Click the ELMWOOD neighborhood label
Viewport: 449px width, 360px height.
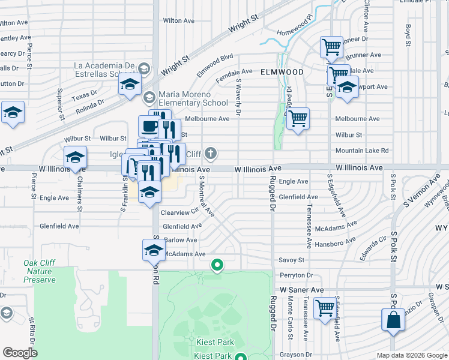coord(282,72)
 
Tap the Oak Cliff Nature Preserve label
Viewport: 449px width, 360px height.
coord(40,271)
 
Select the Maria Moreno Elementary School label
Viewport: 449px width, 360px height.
coord(185,98)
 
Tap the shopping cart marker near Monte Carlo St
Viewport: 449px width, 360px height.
coord(325,308)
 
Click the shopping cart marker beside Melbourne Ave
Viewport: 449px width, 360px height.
coord(297,118)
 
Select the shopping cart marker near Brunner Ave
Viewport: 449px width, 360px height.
coord(331,47)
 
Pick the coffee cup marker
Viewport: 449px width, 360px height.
coord(149,127)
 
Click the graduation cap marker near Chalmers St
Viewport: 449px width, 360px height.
coord(75,157)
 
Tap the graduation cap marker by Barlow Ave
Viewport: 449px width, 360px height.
coord(153,250)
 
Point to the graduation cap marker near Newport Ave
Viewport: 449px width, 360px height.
coord(347,87)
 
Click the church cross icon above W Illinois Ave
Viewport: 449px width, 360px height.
coord(210,154)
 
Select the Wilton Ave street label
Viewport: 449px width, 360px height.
coord(179,20)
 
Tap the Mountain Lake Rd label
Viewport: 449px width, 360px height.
coord(362,151)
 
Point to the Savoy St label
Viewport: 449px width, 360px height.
coord(292,260)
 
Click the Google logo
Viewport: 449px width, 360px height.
coord(20,353)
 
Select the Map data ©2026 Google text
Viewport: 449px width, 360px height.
coord(411,355)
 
